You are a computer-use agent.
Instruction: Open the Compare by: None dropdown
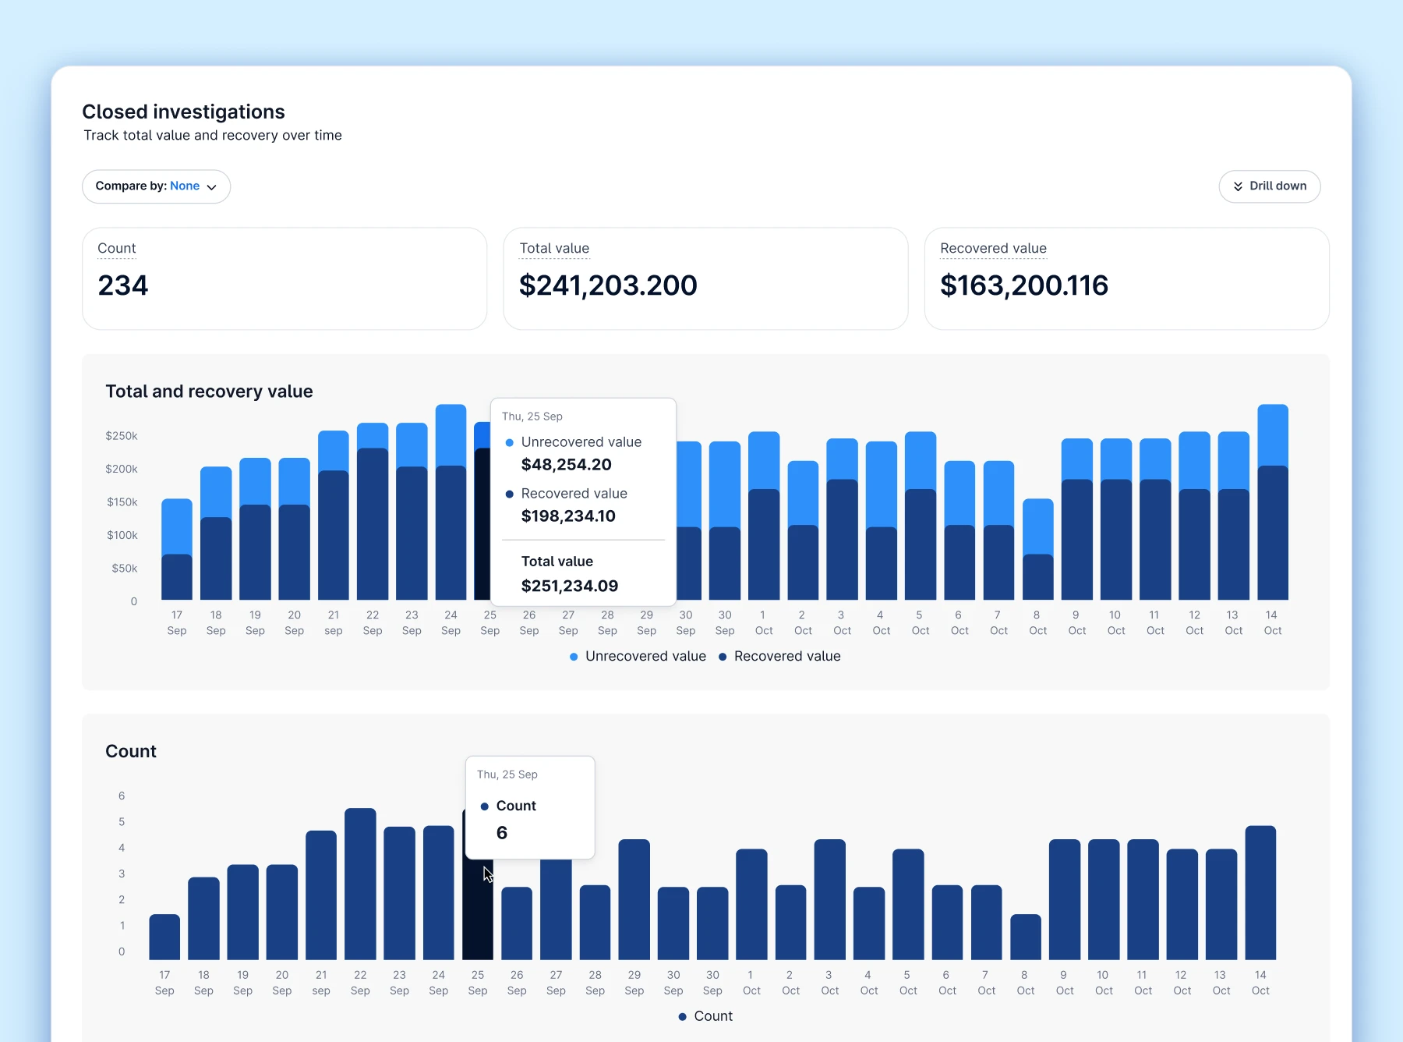click(156, 186)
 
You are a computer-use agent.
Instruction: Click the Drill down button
click(1269, 186)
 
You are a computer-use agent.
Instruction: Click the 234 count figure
click(123, 285)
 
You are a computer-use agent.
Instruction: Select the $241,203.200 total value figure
click(608, 285)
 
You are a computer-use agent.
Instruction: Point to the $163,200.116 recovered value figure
click(1024, 285)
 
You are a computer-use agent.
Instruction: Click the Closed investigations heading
click(184, 112)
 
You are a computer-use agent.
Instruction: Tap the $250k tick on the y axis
click(122, 435)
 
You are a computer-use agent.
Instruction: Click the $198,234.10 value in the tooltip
click(568, 516)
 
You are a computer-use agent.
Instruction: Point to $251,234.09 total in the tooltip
click(570, 586)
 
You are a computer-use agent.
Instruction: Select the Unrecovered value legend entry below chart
click(638, 656)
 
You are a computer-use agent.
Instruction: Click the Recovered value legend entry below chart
click(779, 656)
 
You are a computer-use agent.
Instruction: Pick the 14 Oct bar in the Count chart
click(1260, 892)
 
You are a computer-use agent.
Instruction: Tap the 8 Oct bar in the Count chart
click(1026, 937)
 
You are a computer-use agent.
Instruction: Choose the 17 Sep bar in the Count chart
click(164, 937)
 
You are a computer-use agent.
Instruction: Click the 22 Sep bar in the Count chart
click(360, 884)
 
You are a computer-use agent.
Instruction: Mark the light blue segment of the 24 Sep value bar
click(451, 435)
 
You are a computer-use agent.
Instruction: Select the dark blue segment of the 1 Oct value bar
click(764, 544)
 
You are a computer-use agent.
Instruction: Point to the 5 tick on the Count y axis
click(122, 821)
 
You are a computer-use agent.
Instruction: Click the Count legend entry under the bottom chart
click(705, 1016)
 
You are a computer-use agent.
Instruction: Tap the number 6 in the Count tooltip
click(502, 833)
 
